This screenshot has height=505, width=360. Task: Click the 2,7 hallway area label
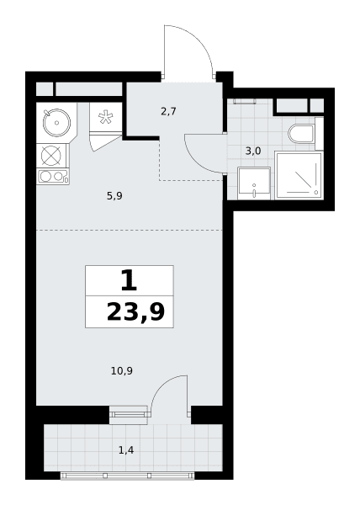[168, 112]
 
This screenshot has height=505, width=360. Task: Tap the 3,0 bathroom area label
[253, 151]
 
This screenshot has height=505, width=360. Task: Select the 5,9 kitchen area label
[114, 195]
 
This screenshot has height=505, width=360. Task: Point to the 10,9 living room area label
[122, 371]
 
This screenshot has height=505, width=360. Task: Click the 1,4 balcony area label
[126, 450]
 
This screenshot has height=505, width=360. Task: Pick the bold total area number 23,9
[135, 312]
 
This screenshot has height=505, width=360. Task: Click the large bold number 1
[129, 280]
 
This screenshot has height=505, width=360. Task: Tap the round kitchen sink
[56, 122]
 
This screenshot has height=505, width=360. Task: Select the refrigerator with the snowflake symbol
[105, 117]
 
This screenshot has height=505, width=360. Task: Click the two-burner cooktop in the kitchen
[53, 177]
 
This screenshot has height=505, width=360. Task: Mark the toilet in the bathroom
[301, 134]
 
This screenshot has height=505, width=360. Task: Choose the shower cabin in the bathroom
[299, 176]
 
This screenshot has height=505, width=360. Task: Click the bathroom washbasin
[254, 183]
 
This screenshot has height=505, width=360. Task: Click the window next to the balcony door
[128, 415]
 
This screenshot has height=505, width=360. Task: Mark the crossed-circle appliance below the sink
[50, 156]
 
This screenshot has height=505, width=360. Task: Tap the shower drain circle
[316, 192]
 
